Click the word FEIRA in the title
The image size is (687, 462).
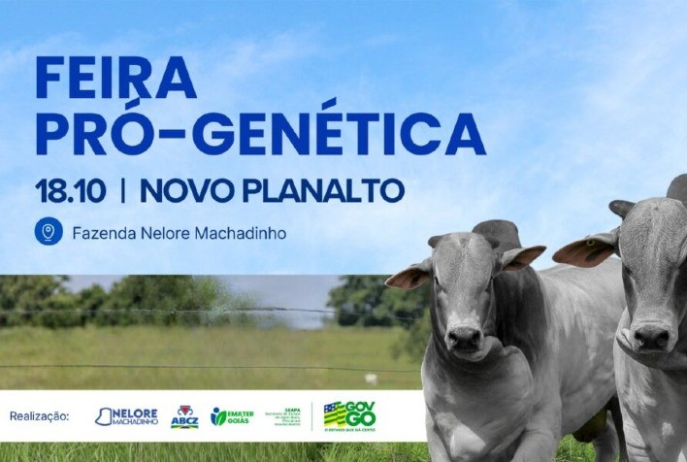click(115, 79)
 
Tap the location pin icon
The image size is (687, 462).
click(48, 233)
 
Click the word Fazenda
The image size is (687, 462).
click(105, 234)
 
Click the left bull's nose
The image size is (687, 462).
click(464, 337)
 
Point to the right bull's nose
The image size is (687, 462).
click(651, 337)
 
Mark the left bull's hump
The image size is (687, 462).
click(496, 234)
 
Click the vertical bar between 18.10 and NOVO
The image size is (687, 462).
click(122, 190)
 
